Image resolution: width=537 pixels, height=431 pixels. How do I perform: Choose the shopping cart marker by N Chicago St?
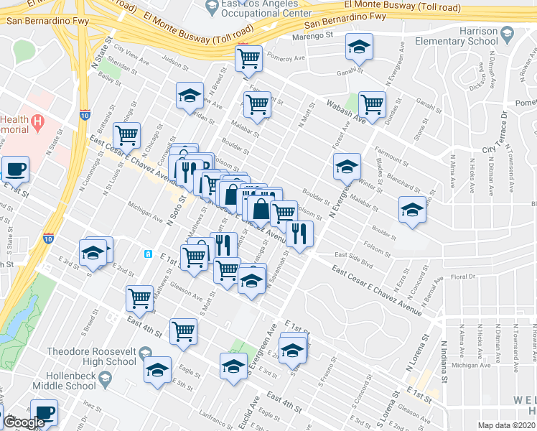click(x=126, y=134)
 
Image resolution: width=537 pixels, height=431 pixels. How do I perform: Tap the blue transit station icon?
click(x=148, y=254)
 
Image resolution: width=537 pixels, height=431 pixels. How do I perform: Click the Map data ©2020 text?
click(x=506, y=425)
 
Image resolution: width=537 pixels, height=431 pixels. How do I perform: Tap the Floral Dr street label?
click(x=463, y=277)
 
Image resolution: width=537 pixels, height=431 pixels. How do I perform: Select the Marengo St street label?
click(x=314, y=35)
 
